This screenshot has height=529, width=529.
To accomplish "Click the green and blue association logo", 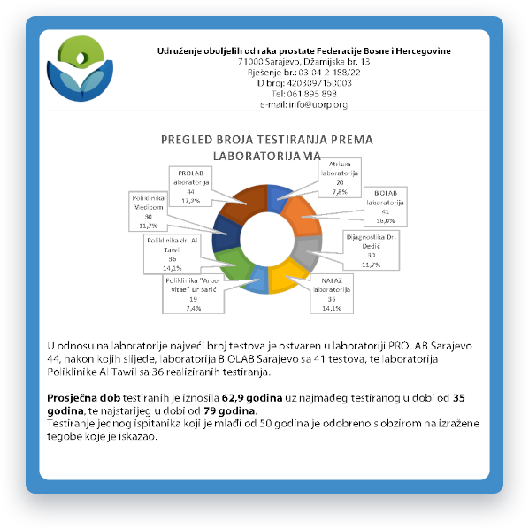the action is tap(80, 68).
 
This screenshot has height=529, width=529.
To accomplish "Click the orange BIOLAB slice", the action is tap(300, 217).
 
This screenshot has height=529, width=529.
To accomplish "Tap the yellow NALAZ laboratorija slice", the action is tap(284, 275).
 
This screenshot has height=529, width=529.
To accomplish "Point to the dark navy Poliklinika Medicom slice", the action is tap(226, 233).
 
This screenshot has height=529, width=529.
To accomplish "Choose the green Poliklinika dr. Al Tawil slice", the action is tap(234, 264).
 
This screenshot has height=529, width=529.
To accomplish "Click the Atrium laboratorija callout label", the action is tap(340, 178).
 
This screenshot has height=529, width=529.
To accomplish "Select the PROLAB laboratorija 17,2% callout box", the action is tap(190, 187).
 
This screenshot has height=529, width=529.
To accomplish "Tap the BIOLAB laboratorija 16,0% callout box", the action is tap(386, 207).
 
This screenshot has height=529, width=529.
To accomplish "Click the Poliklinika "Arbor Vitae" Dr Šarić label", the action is tap(193, 295).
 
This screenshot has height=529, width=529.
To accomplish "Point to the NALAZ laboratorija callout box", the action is tap(332, 295).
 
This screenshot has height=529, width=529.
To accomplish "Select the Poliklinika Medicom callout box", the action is tap(148, 211).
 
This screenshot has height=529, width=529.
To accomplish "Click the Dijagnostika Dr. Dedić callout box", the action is tap(372, 250).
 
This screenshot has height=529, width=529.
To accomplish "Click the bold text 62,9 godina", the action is tap(252, 398).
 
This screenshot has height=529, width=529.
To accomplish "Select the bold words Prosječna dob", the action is tap(84, 398).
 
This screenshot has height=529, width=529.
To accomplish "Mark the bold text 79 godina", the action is tap(229, 411).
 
